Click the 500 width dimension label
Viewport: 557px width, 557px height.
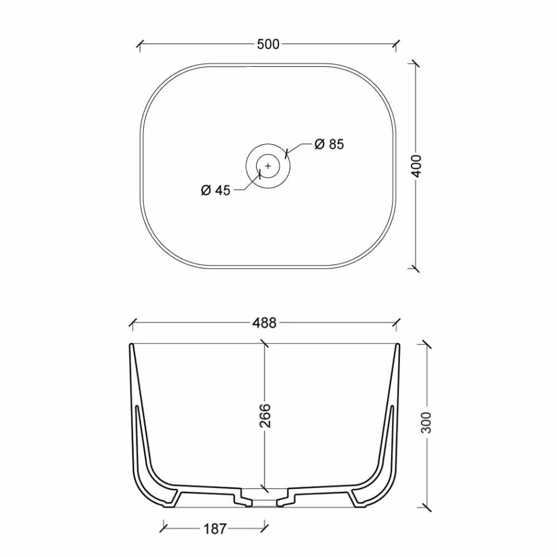coord(268,44)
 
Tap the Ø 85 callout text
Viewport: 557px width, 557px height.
coord(329,144)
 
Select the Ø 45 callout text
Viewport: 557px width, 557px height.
coord(215,190)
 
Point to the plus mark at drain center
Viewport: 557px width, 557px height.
coord(268,166)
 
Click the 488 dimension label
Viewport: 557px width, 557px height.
coord(266,323)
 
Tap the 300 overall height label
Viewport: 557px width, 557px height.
coord(427,422)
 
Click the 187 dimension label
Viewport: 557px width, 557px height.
coord(215,529)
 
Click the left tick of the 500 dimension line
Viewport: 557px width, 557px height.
coord(140,44)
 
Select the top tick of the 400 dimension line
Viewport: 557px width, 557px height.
coord(416,64)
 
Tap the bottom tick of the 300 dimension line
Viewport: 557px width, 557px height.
coord(426,505)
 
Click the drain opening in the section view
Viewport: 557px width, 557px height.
coord(265,500)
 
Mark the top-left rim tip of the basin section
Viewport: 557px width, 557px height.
coord(131,345)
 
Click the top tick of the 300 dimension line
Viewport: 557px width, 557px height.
coord(426,345)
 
